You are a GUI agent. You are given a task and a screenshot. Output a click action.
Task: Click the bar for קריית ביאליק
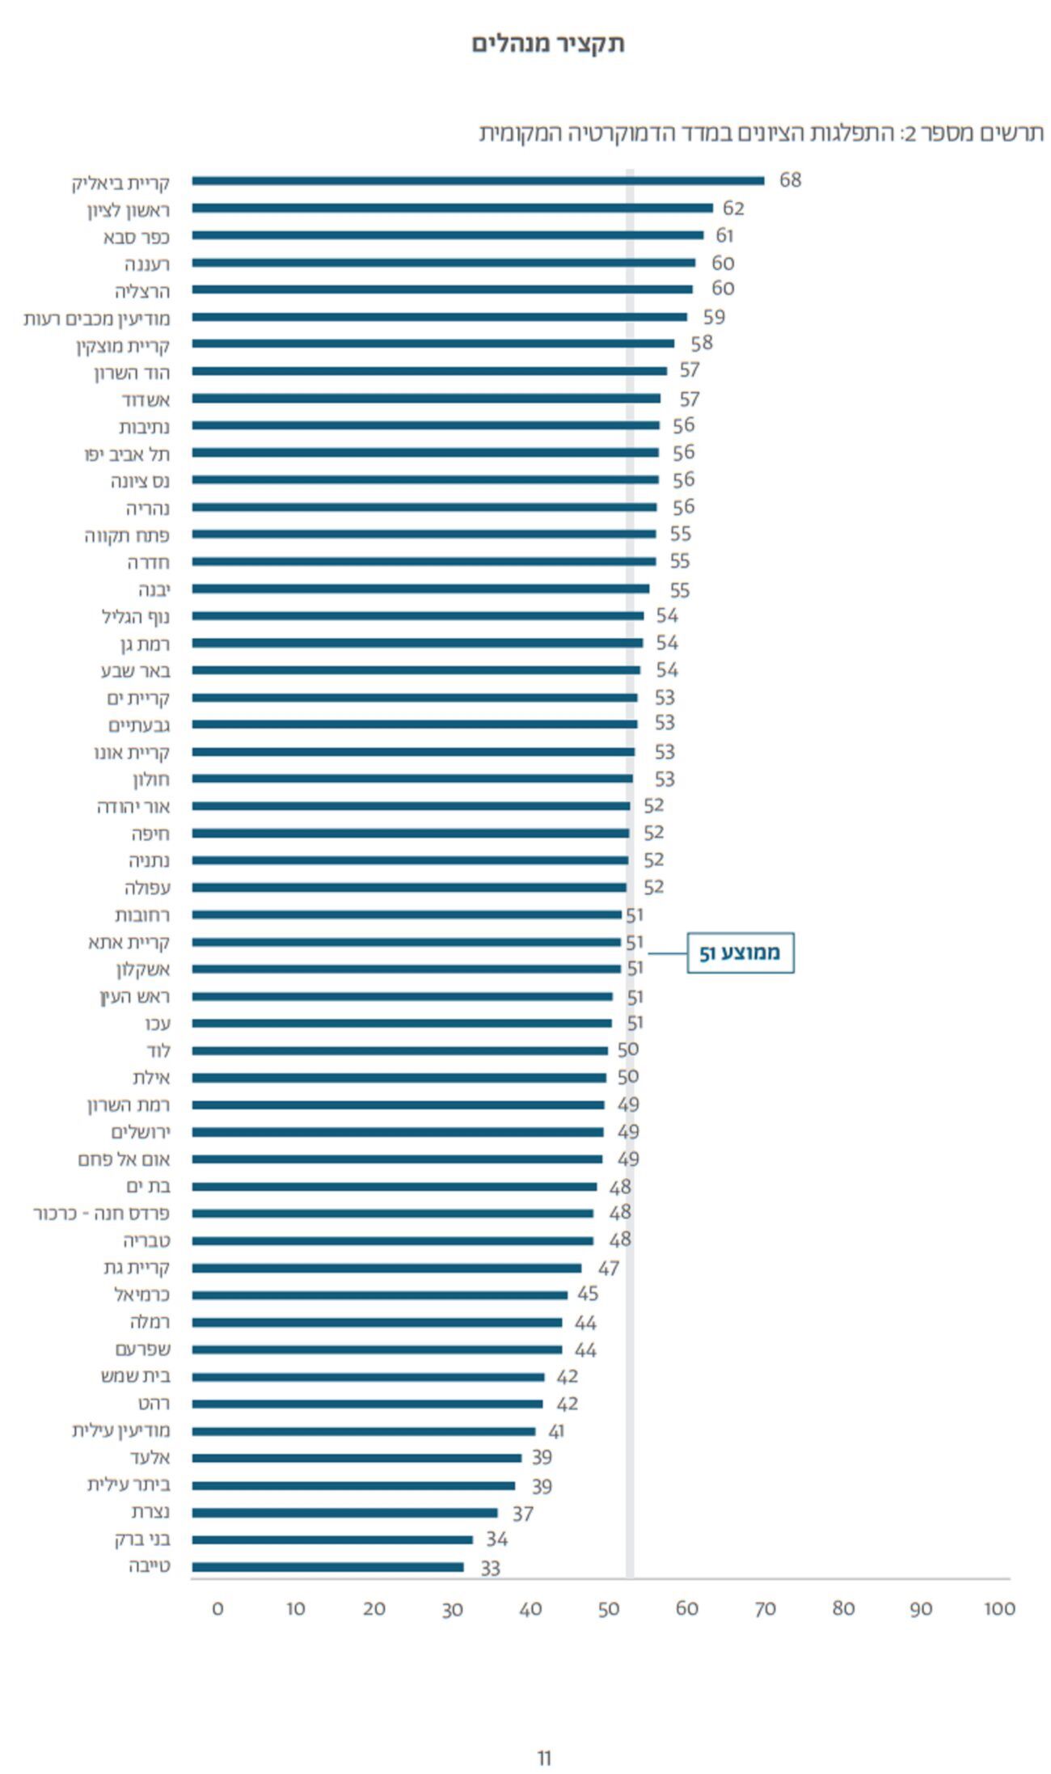click(x=477, y=181)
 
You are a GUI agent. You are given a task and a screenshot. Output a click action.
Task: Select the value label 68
click(x=790, y=180)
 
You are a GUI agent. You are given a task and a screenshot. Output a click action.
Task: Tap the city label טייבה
click(x=150, y=1566)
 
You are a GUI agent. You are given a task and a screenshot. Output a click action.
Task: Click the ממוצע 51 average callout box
click(x=740, y=952)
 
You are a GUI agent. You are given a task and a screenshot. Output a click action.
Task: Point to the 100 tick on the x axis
click(x=998, y=1609)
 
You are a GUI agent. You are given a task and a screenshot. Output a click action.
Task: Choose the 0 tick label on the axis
click(x=217, y=1609)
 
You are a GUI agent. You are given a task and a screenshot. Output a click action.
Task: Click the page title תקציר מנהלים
click(x=548, y=44)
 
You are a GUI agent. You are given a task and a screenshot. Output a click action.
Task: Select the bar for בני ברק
click(x=331, y=1540)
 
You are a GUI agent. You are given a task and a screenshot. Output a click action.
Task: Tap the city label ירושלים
click(x=141, y=1132)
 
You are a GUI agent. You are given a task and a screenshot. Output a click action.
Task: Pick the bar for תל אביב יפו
click(x=424, y=453)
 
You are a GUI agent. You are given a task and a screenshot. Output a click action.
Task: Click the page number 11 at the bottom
click(x=544, y=1758)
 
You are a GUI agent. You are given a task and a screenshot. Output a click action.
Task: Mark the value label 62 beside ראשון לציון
click(x=733, y=209)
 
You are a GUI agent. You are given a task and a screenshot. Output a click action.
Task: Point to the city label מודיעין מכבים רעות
click(x=97, y=318)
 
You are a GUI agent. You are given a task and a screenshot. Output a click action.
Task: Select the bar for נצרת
click(x=344, y=1513)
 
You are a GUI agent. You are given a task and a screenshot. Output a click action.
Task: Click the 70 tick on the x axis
click(x=765, y=1609)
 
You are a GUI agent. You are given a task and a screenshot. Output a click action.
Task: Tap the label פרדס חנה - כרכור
click(x=102, y=1214)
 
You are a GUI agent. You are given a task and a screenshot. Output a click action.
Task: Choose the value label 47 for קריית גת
click(x=608, y=1269)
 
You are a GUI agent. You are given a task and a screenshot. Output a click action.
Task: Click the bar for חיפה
click(x=410, y=833)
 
